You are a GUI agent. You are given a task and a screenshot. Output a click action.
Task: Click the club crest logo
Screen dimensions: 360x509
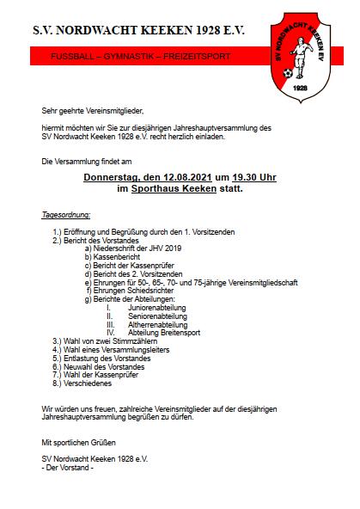click(300, 48)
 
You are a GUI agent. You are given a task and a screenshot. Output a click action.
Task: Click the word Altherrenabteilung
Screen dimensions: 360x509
click(158, 325)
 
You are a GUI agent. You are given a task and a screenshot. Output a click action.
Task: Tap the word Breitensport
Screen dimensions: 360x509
click(180, 333)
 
